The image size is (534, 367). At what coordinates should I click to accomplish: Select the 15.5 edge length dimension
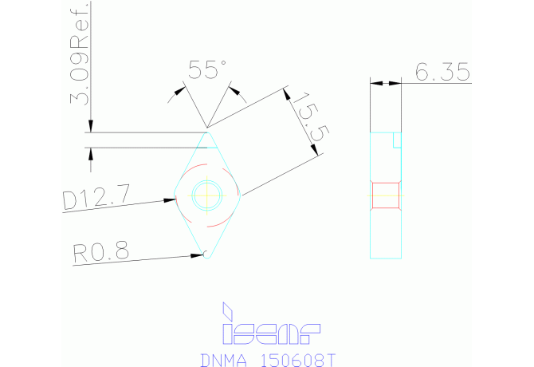point(306,120)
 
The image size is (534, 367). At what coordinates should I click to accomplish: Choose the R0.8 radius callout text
point(100,253)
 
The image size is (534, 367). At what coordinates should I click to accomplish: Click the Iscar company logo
point(270,330)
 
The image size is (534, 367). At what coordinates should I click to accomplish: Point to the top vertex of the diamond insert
point(208,130)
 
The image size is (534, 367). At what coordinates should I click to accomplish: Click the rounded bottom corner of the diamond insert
point(207,255)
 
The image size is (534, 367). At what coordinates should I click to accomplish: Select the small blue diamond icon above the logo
point(228,309)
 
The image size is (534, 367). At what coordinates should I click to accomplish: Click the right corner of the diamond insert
point(241,193)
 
